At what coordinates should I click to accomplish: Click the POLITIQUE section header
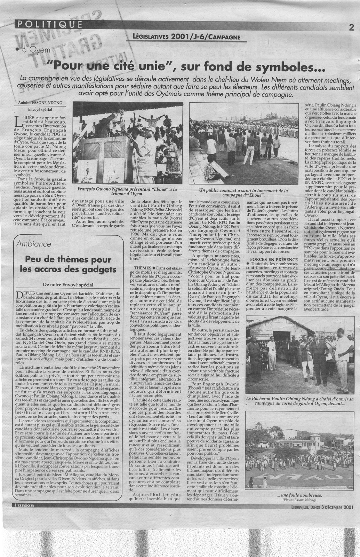tap(49, 24)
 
